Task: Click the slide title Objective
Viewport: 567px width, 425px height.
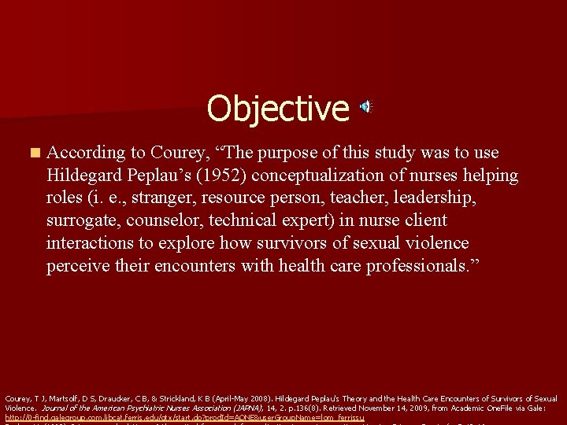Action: [x=277, y=109]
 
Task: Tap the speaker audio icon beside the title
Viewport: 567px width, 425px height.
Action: [x=367, y=107]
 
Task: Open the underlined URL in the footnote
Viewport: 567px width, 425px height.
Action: [x=185, y=417]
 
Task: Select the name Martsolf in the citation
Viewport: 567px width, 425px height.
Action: [x=52, y=399]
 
